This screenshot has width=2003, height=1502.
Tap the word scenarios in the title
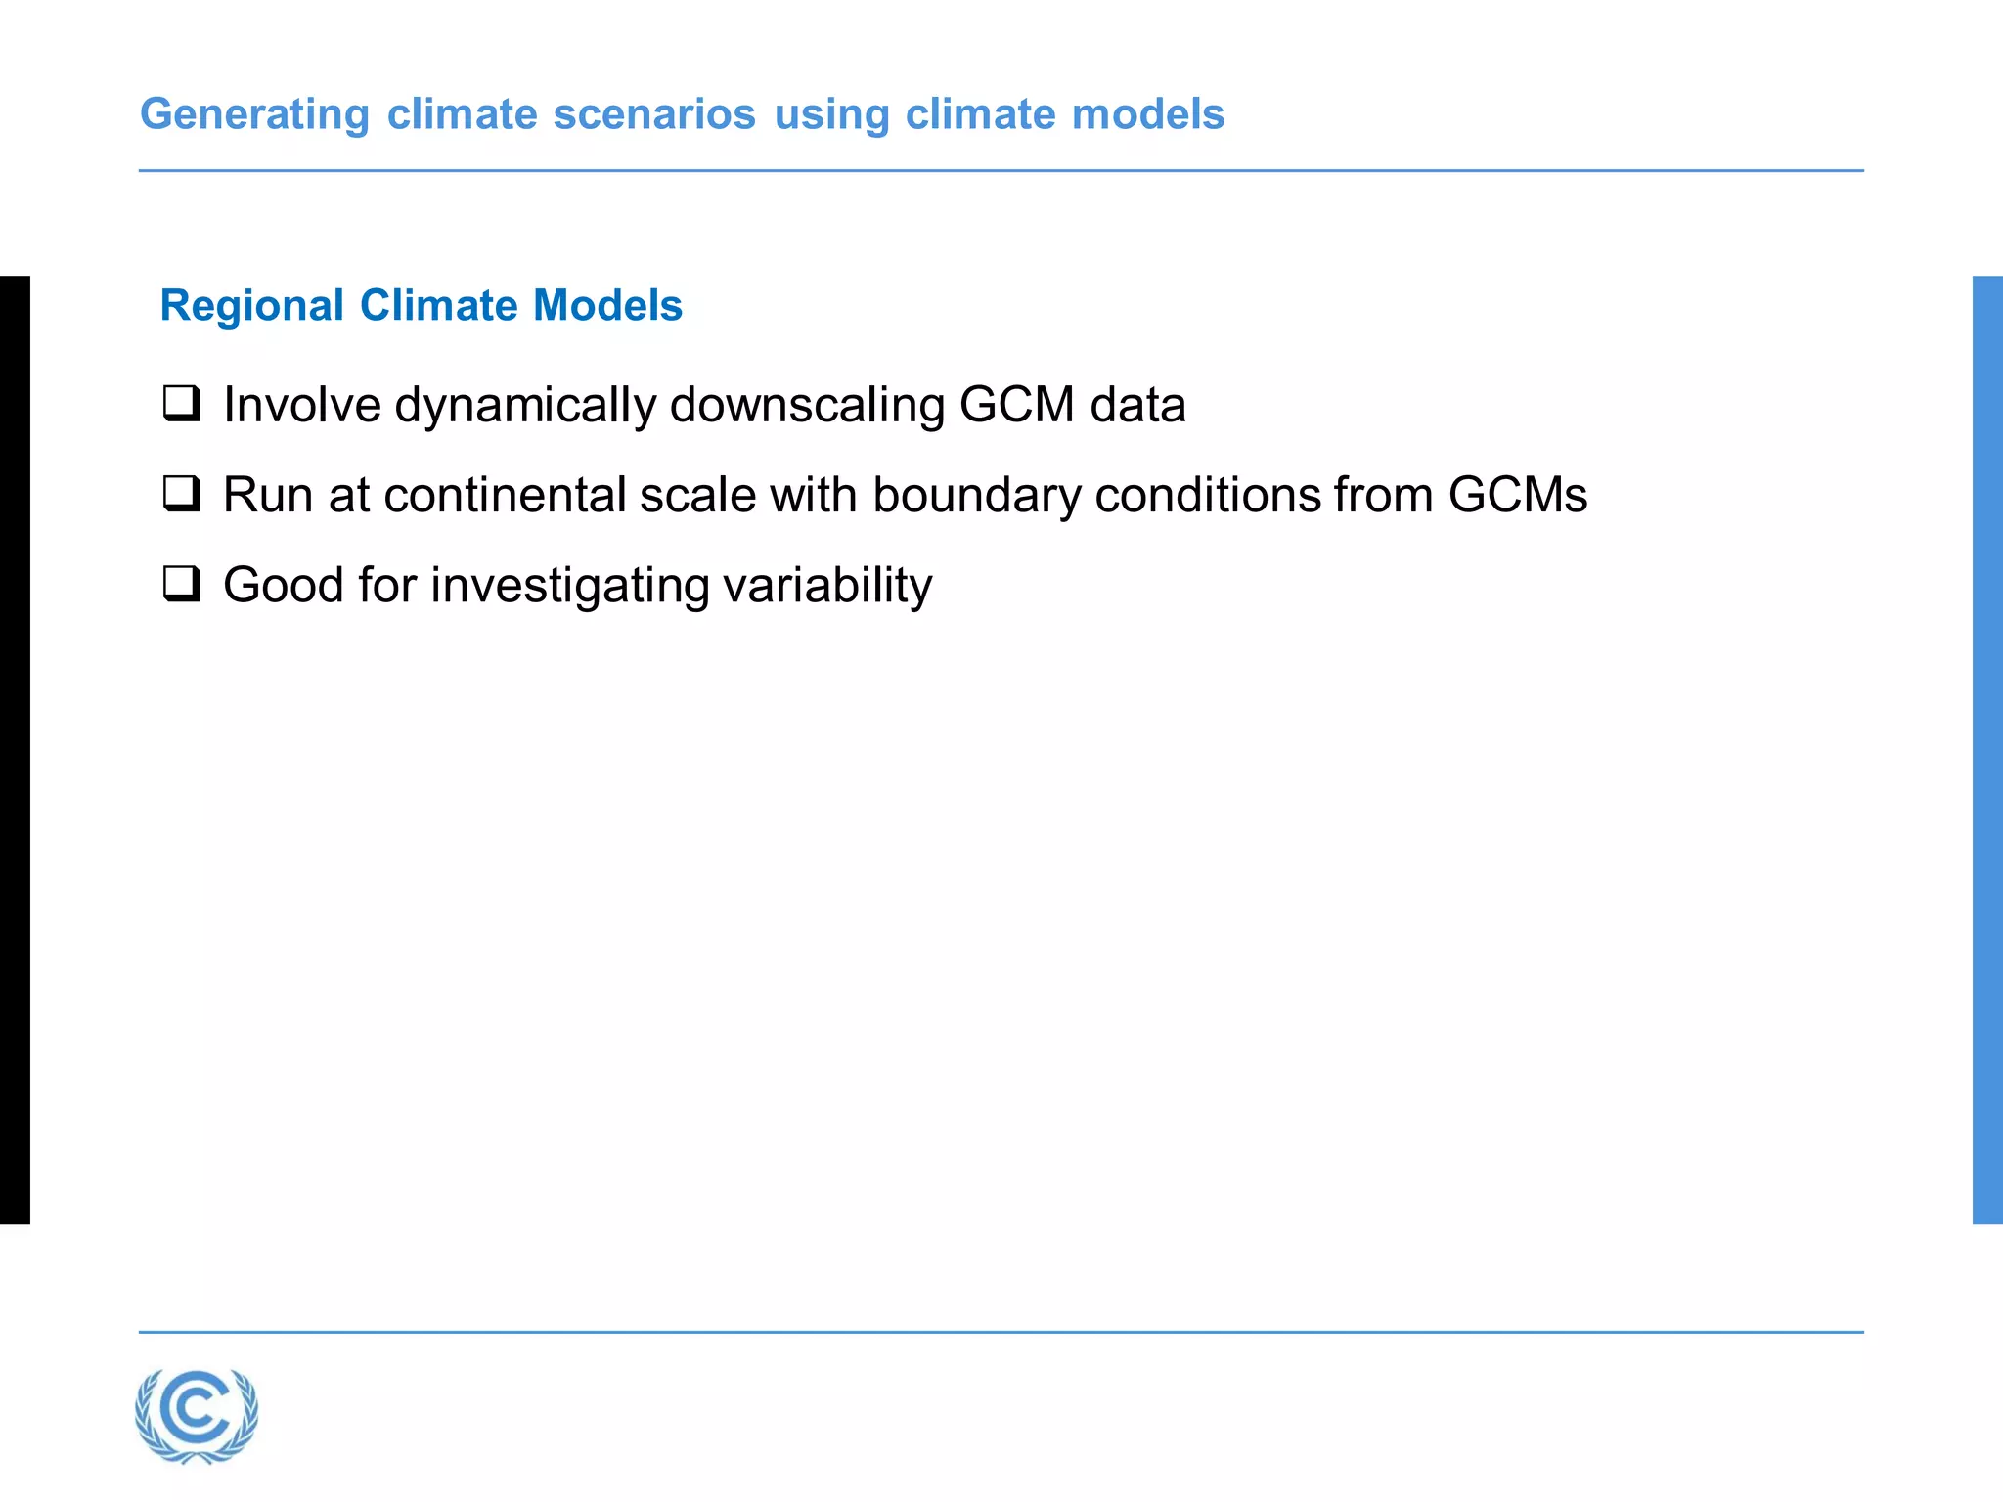click(x=654, y=114)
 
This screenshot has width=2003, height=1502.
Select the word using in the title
click(x=831, y=114)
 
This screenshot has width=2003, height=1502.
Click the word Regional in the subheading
click(x=252, y=305)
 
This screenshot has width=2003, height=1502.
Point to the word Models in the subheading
click(x=607, y=305)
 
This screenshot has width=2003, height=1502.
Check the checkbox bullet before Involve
click(x=182, y=403)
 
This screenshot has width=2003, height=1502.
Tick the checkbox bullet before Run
click(x=182, y=493)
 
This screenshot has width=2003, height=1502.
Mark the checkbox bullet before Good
click(x=182, y=583)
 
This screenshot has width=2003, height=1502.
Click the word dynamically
click(x=525, y=405)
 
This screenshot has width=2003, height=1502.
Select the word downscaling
click(x=807, y=405)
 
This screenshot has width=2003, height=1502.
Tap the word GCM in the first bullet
click(x=1017, y=405)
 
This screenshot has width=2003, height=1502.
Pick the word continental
click(x=505, y=495)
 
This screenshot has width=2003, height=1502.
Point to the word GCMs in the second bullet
click(x=1518, y=495)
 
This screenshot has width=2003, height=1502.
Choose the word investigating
click(x=569, y=585)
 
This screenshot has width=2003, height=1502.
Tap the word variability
click(x=827, y=585)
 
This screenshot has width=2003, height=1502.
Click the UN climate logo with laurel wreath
click(x=197, y=1415)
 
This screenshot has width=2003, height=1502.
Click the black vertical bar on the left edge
click(x=15, y=749)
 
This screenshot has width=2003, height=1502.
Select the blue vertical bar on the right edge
click(x=1987, y=749)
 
